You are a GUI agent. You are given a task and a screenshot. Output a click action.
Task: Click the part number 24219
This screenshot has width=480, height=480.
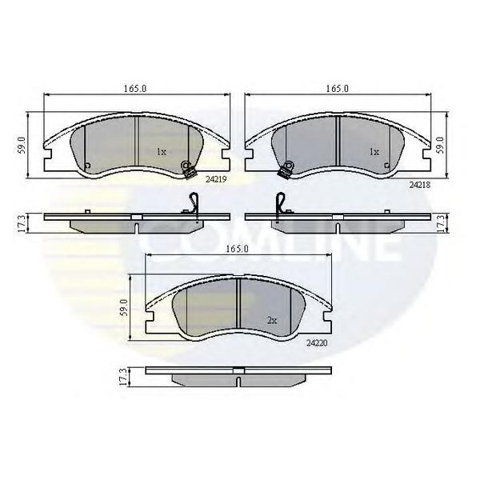[x=216, y=180]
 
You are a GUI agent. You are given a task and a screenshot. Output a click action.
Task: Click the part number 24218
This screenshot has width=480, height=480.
[x=420, y=185]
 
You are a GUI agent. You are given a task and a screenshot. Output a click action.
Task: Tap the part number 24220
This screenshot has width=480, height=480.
[x=317, y=343]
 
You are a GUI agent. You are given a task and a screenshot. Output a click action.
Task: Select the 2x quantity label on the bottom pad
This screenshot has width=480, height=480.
[x=272, y=321]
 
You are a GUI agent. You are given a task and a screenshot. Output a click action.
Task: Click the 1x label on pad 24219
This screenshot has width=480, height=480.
[x=161, y=151]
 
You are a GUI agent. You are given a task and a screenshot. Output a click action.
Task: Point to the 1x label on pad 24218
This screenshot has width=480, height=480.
[x=374, y=152]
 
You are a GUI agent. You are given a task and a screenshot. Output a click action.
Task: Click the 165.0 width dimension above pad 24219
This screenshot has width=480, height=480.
[x=135, y=89]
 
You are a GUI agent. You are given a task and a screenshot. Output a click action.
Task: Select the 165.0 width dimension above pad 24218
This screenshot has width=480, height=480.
[x=337, y=89]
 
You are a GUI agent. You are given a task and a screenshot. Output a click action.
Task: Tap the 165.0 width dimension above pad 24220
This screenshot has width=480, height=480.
[x=237, y=249]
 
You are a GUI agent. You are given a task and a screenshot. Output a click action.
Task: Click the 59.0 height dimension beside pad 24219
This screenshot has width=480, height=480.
[x=22, y=145]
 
